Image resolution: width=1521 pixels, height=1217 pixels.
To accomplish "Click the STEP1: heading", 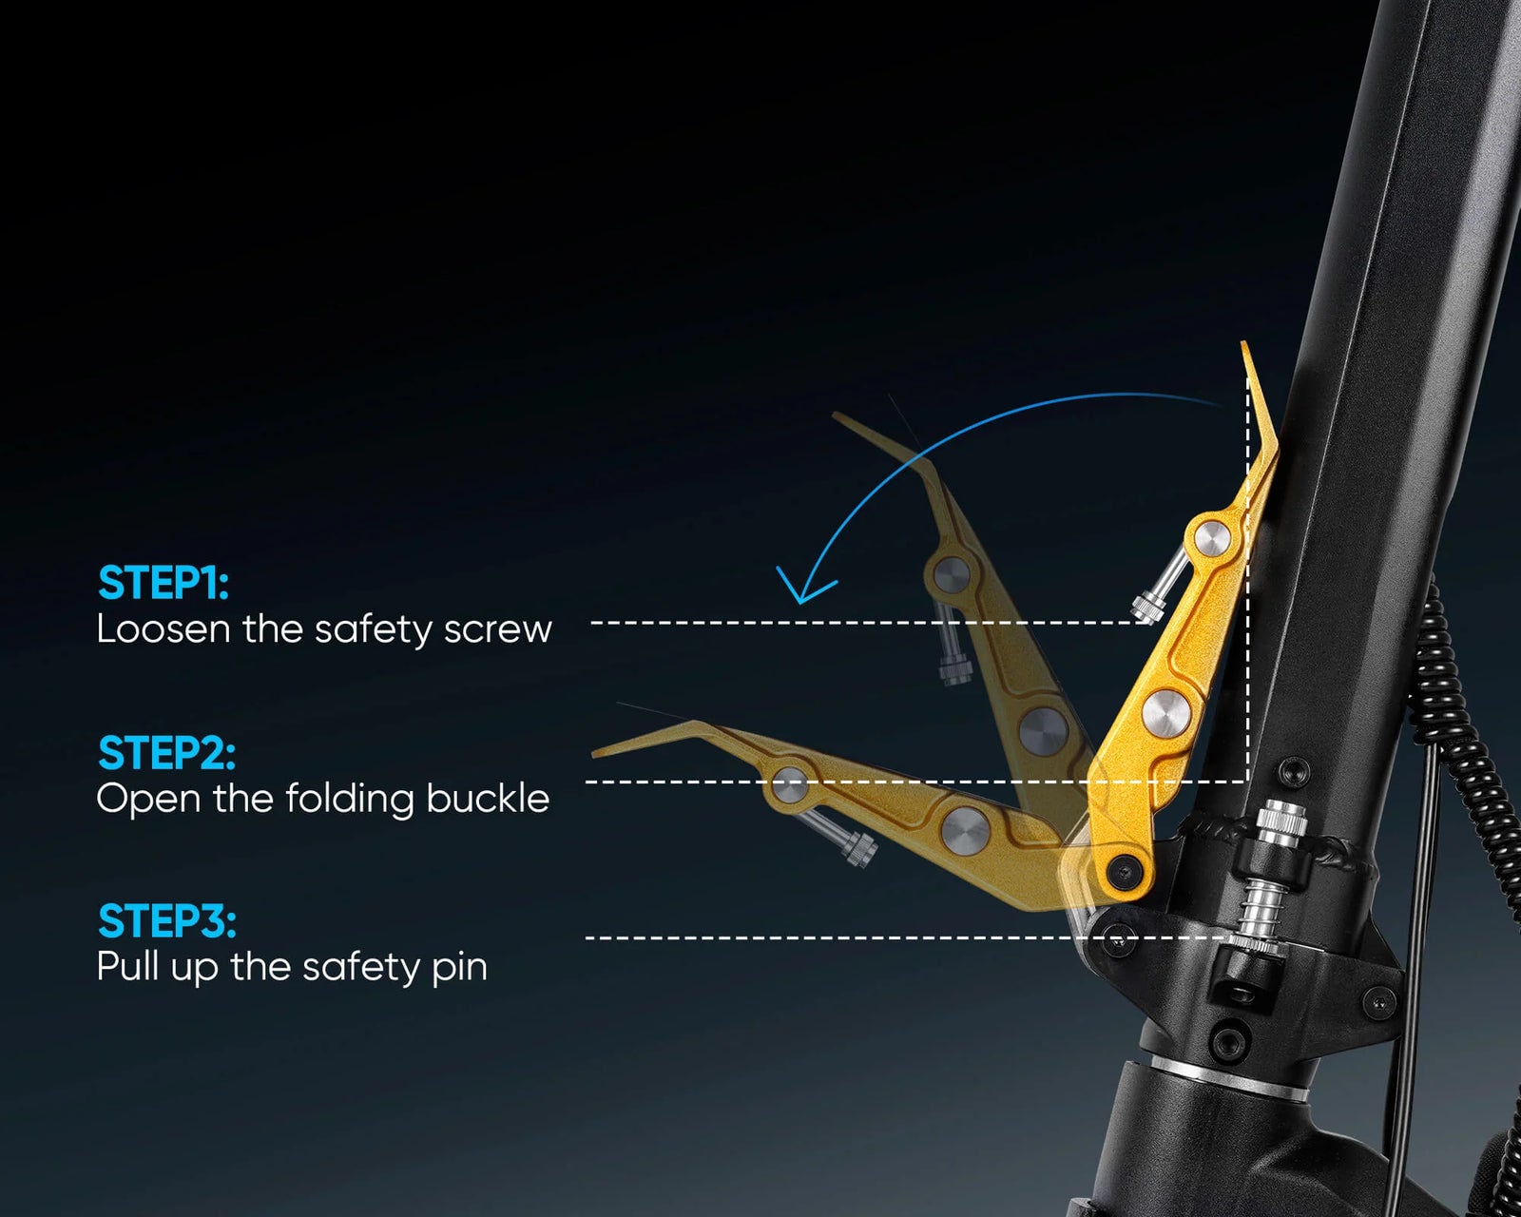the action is tap(164, 583).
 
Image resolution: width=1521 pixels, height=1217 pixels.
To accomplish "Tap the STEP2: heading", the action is tap(166, 752).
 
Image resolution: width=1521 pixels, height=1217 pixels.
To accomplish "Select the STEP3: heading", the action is tap(167, 921).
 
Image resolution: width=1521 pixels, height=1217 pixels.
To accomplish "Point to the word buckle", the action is tap(488, 799).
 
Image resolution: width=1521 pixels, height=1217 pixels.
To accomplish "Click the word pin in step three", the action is tap(459, 968).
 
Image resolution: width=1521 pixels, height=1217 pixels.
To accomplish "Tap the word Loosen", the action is tap(164, 628).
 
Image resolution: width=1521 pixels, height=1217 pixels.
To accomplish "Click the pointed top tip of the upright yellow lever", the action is tap(1243, 343).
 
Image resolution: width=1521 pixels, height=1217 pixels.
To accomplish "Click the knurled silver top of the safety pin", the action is tap(1282, 821).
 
